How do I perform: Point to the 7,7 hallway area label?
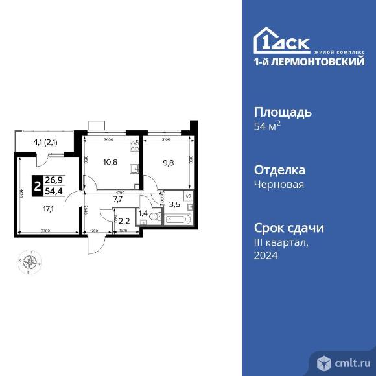click(118, 200)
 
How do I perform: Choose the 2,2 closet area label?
click(124, 220)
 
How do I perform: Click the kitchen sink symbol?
click(135, 170)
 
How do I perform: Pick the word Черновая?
click(279, 185)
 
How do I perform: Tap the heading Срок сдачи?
click(287, 228)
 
